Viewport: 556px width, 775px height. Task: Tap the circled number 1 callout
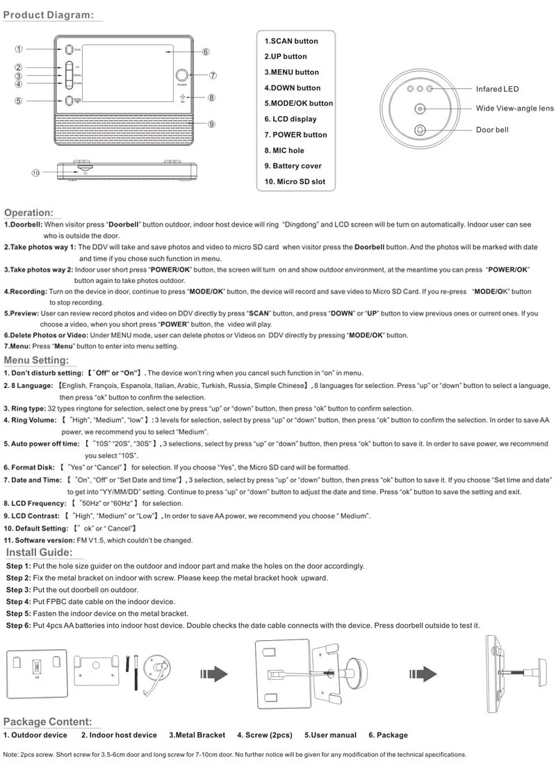(19, 49)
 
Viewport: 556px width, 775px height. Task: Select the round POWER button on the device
(182, 76)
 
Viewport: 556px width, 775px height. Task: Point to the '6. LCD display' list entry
(291, 119)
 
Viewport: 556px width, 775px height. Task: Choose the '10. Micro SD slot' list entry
(295, 181)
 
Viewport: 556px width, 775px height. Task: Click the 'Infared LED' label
(497, 89)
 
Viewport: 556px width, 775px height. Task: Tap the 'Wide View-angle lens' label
(514, 108)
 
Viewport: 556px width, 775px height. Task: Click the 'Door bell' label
(492, 130)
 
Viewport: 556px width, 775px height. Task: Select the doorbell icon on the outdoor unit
(420, 129)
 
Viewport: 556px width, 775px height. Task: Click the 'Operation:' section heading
(28, 213)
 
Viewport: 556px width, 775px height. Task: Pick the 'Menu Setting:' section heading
(36, 360)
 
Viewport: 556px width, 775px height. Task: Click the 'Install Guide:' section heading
(39, 553)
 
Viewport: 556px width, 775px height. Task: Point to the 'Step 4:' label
(19, 601)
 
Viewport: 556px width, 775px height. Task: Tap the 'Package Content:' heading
(47, 722)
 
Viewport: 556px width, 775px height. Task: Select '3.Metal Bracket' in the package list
(197, 735)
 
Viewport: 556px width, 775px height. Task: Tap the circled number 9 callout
(211, 124)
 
